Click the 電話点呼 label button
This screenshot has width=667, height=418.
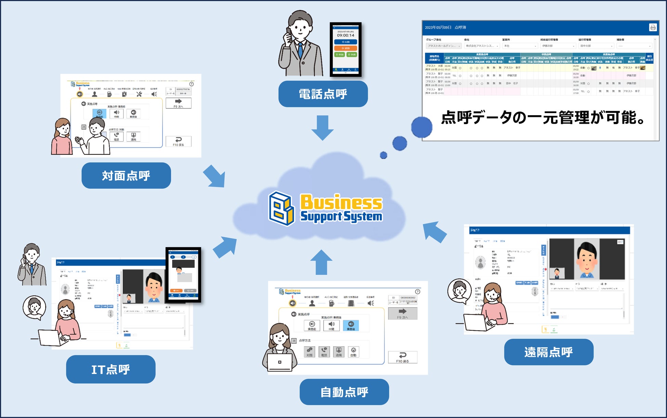click(323, 94)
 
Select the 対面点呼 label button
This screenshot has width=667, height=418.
click(126, 176)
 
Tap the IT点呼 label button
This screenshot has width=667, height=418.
click(110, 369)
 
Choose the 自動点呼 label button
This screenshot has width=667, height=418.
click(344, 392)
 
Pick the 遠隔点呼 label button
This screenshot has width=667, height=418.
click(548, 352)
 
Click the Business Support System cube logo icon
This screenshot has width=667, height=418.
click(281, 208)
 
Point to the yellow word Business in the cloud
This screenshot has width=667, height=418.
click(341, 202)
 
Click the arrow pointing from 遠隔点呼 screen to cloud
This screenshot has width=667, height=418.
click(434, 232)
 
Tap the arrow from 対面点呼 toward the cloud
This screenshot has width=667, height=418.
click(215, 176)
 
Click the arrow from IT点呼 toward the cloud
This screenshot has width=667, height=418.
click(225, 247)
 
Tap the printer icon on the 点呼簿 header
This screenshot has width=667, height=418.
click(653, 28)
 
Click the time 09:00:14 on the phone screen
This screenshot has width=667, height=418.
click(345, 35)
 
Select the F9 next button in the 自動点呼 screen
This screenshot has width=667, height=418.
click(403, 313)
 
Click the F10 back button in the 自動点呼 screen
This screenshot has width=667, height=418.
click(403, 357)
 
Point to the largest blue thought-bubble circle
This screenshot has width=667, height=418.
click(421, 127)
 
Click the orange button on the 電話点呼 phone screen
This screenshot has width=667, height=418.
click(345, 48)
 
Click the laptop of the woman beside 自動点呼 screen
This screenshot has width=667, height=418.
click(280, 362)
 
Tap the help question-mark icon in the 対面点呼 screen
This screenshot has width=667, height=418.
click(192, 84)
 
